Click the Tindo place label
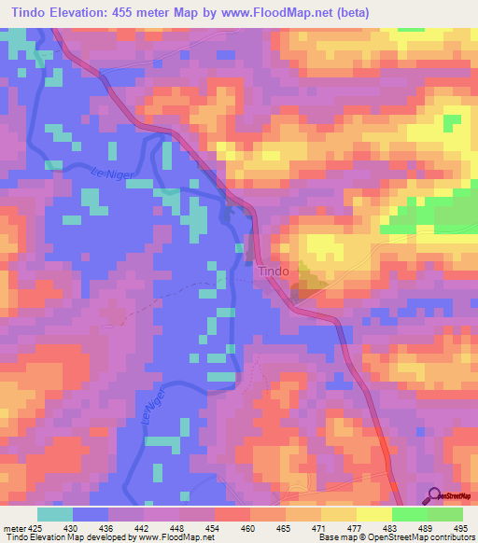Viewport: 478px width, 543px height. pos(274,271)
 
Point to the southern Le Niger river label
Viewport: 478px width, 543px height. pos(154,407)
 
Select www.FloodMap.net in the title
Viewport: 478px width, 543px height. pos(289,12)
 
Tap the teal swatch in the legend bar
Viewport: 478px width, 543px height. pos(55,515)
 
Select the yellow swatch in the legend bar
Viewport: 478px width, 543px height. pos(339,515)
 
